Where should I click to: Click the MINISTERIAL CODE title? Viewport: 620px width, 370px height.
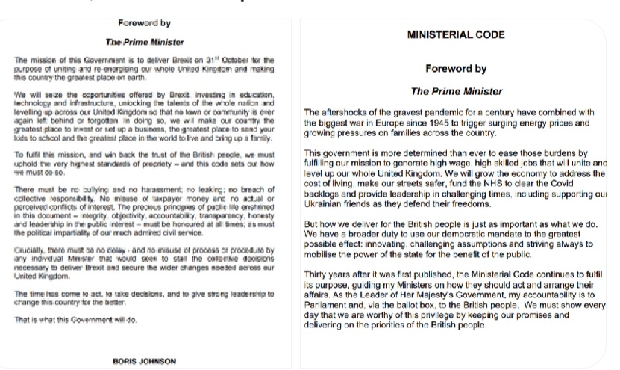click(x=456, y=34)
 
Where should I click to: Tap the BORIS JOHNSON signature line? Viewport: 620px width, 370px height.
click(x=145, y=360)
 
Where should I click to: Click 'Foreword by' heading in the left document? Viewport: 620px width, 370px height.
click(x=144, y=23)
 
